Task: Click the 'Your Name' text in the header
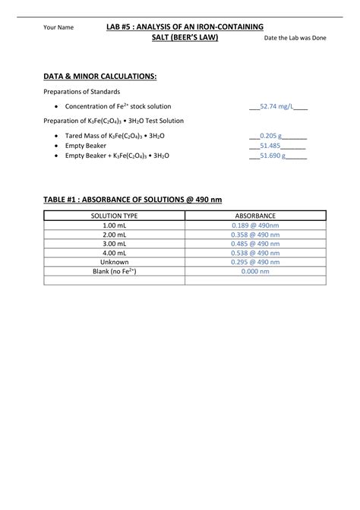click(58, 27)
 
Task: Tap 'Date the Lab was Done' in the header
click(295, 37)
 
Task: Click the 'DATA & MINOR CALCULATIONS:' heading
click(100, 77)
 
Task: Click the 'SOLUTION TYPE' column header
click(114, 216)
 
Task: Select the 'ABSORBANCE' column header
click(255, 216)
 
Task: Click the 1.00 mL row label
click(114, 225)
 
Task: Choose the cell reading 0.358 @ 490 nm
click(255, 235)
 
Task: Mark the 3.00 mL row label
click(114, 244)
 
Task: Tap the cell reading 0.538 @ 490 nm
click(255, 253)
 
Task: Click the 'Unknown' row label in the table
click(114, 262)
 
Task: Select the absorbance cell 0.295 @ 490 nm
click(255, 262)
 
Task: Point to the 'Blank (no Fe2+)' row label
click(114, 271)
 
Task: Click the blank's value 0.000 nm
click(255, 271)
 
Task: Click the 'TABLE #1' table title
click(133, 200)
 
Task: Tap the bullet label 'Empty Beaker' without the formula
click(86, 145)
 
